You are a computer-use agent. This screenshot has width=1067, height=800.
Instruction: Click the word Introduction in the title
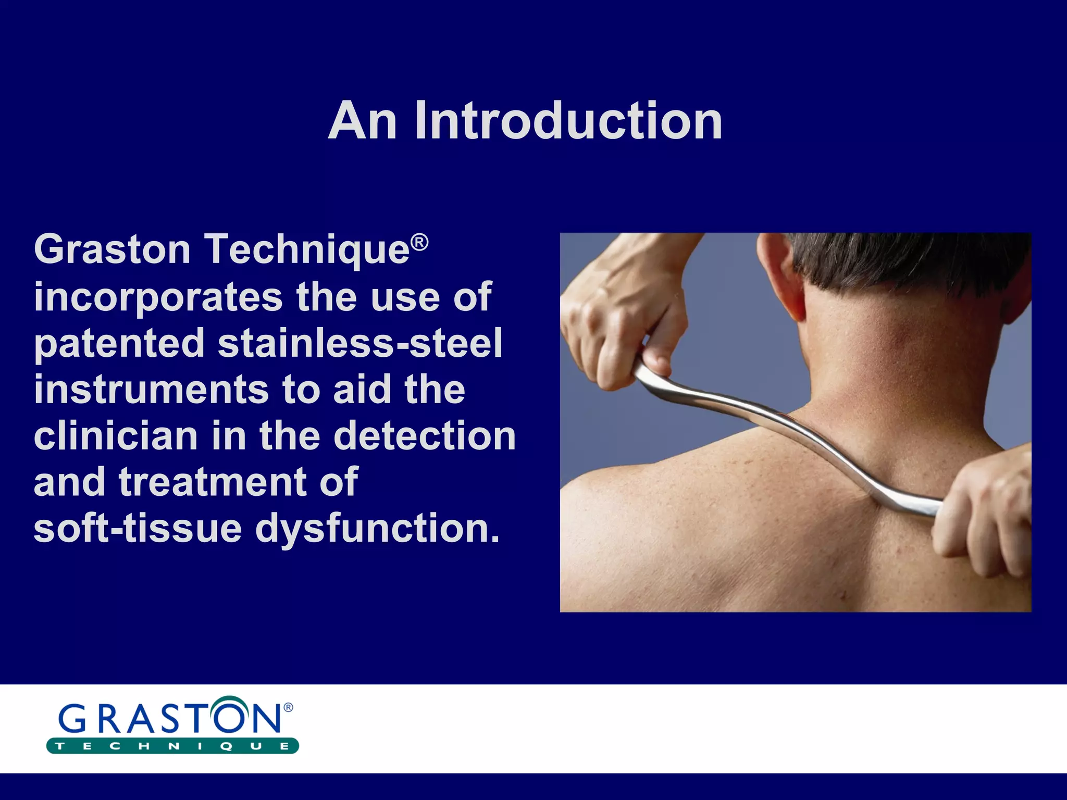click(x=568, y=121)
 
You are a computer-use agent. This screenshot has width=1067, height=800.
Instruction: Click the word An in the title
click(x=363, y=121)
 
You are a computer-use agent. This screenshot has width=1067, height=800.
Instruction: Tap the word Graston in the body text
click(x=112, y=249)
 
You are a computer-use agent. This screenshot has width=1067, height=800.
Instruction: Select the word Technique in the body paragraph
click(x=307, y=251)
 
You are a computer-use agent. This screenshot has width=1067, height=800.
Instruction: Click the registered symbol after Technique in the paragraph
click(x=419, y=242)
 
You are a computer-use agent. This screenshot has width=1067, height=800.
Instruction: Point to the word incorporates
click(x=157, y=297)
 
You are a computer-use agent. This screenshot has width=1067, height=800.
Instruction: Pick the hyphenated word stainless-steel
click(x=360, y=343)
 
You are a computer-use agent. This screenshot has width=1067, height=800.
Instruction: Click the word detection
click(x=425, y=436)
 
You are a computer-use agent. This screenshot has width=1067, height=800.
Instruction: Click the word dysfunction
click(x=378, y=528)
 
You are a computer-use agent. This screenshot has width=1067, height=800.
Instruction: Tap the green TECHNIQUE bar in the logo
click(x=172, y=746)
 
